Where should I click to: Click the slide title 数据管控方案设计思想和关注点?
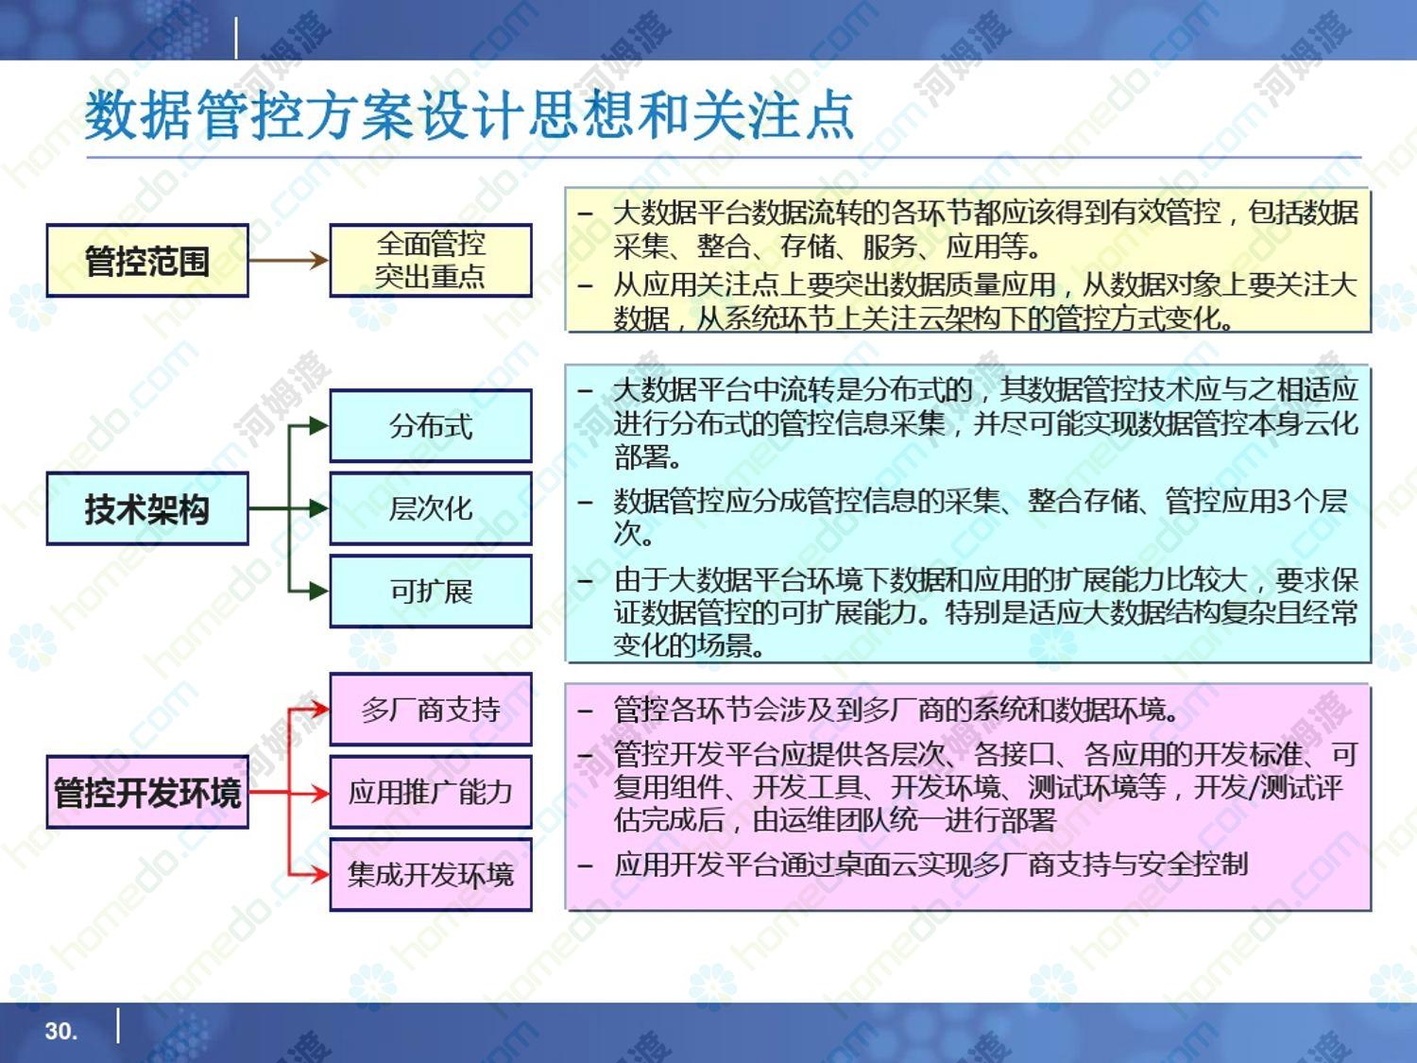coord(469,116)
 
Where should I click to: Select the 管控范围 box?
coord(147,261)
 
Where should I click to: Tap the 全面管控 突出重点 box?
coord(431,261)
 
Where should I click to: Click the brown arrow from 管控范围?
coord(288,261)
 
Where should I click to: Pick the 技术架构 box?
coord(147,508)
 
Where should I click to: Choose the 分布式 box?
coord(431,426)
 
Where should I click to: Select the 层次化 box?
coord(431,508)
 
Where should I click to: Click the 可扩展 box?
coord(431,592)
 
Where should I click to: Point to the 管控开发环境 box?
coord(147,792)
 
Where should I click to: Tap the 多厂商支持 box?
coord(431,710)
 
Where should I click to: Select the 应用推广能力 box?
coord(431,792)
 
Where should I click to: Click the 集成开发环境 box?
coord(431,875)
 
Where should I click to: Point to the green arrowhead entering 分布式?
coord(319,426)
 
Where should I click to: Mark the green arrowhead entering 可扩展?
coord(319,592)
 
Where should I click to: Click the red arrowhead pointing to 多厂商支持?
coord(319,710)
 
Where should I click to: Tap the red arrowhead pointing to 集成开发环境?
coord(319,875)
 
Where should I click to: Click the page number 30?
coord(60,1031)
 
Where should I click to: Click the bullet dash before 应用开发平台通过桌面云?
coord(586,866)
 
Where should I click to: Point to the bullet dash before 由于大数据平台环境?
coord(586,581)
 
